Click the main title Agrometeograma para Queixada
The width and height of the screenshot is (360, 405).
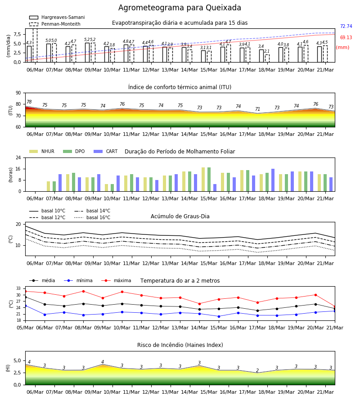tap(180, 8)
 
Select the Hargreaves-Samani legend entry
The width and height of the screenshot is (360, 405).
tap(57, 17)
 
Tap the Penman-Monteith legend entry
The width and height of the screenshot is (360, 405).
tap(55, 24)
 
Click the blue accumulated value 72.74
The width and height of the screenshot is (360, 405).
tap(346, 27)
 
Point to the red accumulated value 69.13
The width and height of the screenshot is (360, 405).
tap(346, 37)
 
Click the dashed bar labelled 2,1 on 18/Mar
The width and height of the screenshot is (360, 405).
tap(267, 58)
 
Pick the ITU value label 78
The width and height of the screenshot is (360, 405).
tap(29, 102)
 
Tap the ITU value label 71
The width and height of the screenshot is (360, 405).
tap(257, 109)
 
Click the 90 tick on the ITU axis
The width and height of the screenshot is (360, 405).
tap(18, 93)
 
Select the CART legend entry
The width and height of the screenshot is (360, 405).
tap(105, 151)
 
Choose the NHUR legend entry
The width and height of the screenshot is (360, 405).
tap(41, 151)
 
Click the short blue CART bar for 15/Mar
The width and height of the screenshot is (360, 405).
tap(215, 188)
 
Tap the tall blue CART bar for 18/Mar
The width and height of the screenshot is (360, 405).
tap(273, 180)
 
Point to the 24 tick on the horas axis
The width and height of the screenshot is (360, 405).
tap(18, 157)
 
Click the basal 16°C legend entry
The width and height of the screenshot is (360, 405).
tap(92, 217)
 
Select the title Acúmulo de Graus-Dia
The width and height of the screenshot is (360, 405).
tap(180, 216)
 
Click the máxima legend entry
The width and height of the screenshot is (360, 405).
tap(116, 280)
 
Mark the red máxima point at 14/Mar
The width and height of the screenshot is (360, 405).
tap(199, 304)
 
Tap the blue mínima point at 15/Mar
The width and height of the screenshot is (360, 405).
tap(219, 316)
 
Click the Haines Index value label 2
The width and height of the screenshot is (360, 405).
tap(257, 371)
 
